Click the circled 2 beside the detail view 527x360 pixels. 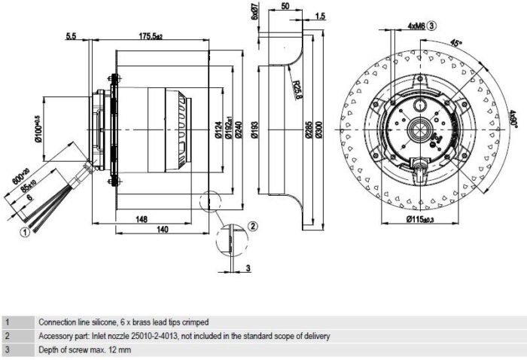[253, 226]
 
